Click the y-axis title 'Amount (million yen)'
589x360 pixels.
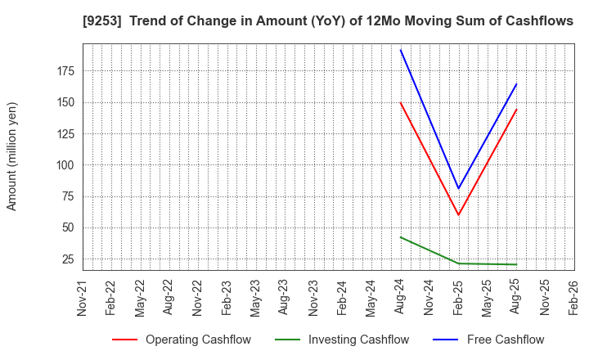12,156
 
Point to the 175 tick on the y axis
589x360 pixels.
65,71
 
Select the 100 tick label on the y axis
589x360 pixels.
65,165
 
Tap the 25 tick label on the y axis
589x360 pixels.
68,259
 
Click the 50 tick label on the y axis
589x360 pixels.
68,228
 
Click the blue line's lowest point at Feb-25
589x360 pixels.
459,189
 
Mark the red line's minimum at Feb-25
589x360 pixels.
459,215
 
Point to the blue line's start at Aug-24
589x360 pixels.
401,50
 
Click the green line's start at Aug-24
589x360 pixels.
401,237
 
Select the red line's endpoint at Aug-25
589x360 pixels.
516,110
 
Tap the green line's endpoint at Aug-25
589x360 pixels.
516,264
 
